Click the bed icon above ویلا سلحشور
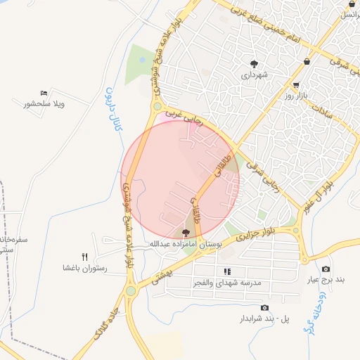tap(44, 93)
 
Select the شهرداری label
tap(255, 75)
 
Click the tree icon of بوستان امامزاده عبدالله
tap(186, 233)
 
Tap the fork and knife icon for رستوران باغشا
tap(85, 257)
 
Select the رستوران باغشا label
tap(84, 268)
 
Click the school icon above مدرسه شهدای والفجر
tap(226, 271)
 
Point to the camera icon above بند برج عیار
tap(326, 269)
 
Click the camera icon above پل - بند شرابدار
tap(264, 307)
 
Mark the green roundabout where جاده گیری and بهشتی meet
tap(131, 290)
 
